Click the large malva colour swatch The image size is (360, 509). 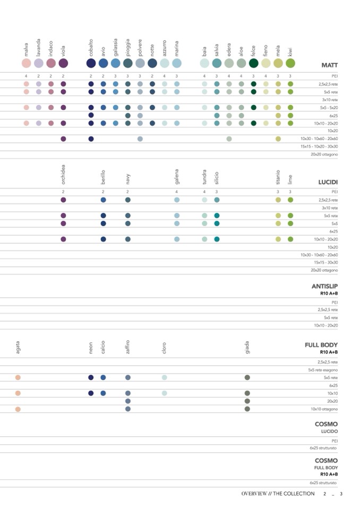tap(26, 63)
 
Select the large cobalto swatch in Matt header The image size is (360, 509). tap(91, 63)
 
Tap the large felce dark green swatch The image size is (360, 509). tap(253, 63)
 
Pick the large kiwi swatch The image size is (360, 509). tap(290, 63)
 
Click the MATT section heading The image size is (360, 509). tap(330, 65)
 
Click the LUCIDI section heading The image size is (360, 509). tap(328, 182)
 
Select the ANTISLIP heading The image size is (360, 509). tap(324, 287)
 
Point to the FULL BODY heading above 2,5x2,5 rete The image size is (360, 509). tap(321, 345)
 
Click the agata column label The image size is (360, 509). tap(18, 348)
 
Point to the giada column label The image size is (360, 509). tap(247, 348)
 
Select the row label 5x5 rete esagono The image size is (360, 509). tap(323, 369)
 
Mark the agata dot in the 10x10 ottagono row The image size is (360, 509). tap(18, 409)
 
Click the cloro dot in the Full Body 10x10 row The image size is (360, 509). tap(165, 393)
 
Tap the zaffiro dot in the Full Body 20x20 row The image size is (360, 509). tap(128, 401)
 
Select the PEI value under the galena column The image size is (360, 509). tap(177, 192)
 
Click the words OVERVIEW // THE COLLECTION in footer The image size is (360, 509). tap(278, 494)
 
